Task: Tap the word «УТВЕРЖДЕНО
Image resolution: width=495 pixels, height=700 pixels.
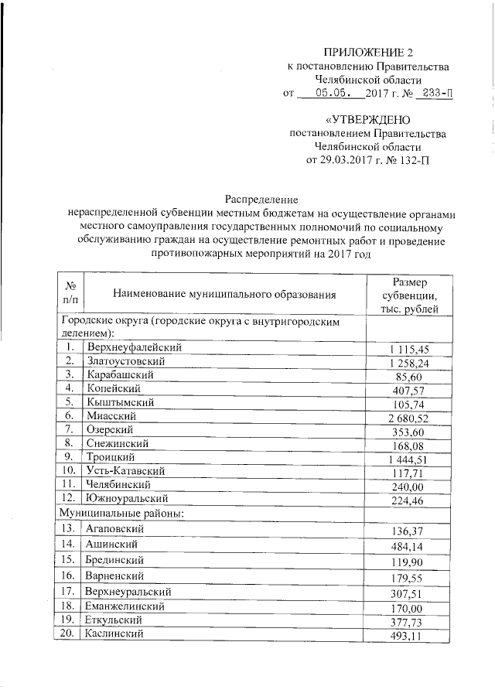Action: (368, 120)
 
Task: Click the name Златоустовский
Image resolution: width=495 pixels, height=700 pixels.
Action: (126, 360)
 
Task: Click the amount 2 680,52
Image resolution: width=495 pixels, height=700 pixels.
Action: (409, 418)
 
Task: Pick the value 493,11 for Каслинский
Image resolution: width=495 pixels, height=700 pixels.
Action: (414, 637)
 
